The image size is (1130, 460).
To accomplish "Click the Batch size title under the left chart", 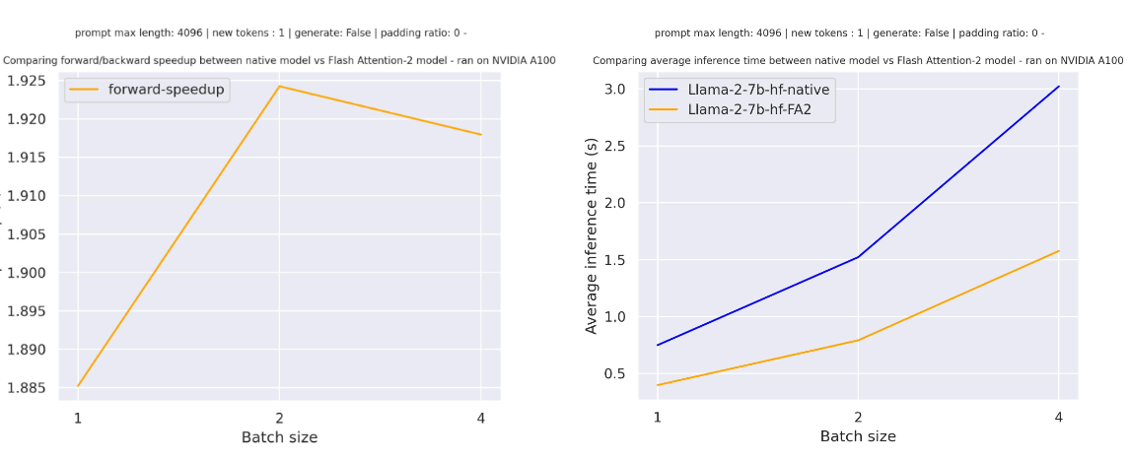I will pos(279,437).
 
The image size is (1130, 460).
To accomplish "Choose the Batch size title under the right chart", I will pos(858,436).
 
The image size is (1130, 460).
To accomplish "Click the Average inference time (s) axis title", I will pos(592,235).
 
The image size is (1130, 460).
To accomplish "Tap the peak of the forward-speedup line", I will pos(279,86).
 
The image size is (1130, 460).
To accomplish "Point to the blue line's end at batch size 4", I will pos(1059,86).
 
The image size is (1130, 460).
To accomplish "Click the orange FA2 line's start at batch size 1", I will pos(657,385).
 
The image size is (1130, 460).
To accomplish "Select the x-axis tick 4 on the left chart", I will pos(480,417).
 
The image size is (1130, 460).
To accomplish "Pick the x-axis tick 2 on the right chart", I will pos(858,417).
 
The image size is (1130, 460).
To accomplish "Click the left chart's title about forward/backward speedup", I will pos(279,61).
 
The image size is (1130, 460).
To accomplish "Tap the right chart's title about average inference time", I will pos(858,61).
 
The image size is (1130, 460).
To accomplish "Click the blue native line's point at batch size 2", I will pos(858,257).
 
